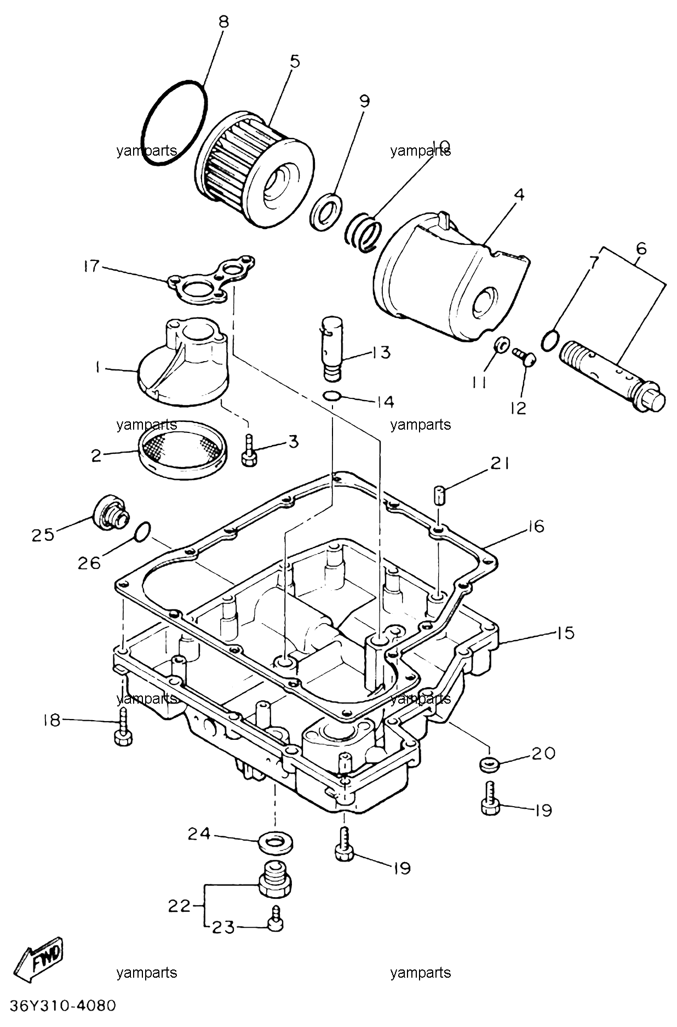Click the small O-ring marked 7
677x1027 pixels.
[550, 340]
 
